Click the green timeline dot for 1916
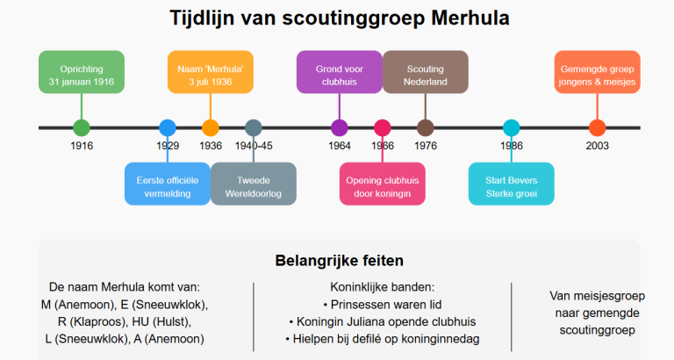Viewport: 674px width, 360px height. click(x=82, y=127)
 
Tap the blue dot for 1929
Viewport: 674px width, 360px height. click(x=168, y=127)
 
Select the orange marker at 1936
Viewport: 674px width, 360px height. click(x=211, y=127)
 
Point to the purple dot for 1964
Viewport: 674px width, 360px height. click(x=340, y=127)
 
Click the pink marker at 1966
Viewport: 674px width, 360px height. click(x=383, y=127)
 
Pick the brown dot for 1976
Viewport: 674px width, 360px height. click(x=426, y=127)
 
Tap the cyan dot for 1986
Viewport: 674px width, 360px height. click(x=512, y=127)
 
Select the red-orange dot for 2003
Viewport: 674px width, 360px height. click(x=598, y=127)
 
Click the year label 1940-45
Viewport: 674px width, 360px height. click(x=254, y=146)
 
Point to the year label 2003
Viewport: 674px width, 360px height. click(x=598, y=146)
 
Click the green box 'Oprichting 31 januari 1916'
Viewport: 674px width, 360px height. click(x=82, y=72)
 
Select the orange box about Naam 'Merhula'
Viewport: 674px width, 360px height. click(x=211, y=72)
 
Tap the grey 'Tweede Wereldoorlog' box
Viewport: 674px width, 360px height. click(x=254, y=184)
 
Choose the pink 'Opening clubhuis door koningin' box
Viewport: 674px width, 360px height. click(x=383, y=184)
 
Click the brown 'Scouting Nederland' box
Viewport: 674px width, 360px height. click(x=426, y=72)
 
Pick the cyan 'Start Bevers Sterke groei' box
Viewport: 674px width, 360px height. click(x=512, y=184)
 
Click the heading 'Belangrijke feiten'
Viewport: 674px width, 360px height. click(x=340, y=261)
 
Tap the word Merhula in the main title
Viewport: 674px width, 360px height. click(x=470, y=18)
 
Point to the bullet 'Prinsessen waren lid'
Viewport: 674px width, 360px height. click(x=383, y=305)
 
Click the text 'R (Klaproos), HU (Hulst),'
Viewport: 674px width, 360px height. click(x=125, y=321)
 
